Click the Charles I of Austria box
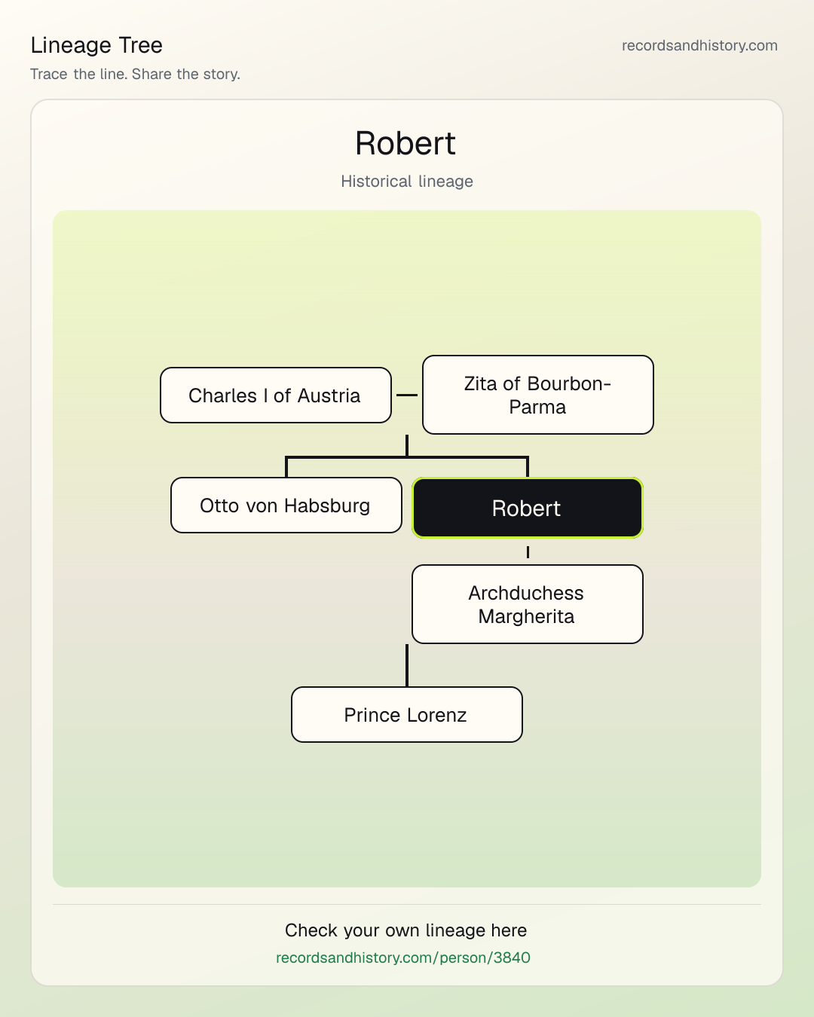276,395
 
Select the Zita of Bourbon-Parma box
538,395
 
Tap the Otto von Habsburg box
286,505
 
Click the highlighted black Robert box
528,508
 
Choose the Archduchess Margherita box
528,604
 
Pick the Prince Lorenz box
407,715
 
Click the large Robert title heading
405,143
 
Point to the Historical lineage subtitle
407,182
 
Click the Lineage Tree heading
96,45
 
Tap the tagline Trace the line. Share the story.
135,74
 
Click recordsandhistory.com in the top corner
699,45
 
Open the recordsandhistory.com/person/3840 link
403,957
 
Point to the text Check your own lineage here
405,930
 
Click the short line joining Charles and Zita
407,395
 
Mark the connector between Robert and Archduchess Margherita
528,552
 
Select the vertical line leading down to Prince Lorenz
407,665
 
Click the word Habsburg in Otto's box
327,505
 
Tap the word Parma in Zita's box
537,407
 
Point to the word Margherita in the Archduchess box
526,617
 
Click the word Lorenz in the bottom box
436,715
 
